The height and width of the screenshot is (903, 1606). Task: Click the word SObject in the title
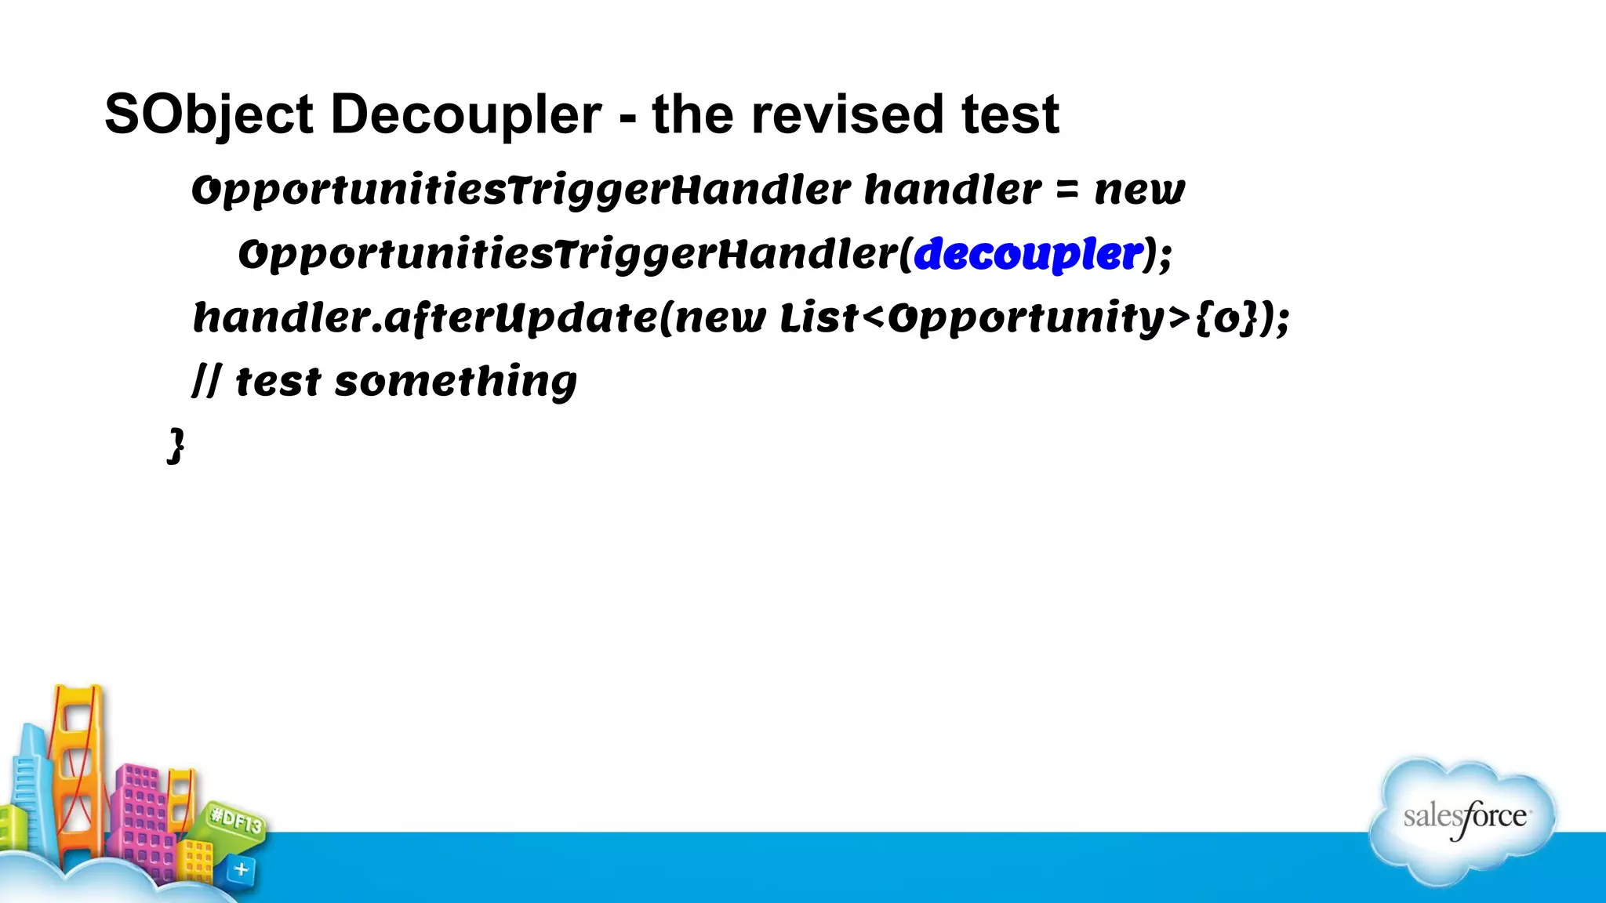tap(209, 115)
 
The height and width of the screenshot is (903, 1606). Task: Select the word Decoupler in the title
tap(466, 115)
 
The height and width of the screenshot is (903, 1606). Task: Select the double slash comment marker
tap(205, 383)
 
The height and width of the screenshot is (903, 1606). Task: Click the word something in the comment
tap(455, 383)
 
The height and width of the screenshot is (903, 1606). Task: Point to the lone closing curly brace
tap(176, 446)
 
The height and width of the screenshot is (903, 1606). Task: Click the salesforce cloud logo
tap(1463, 819)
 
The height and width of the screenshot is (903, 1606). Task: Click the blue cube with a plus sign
tap(241, 869)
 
